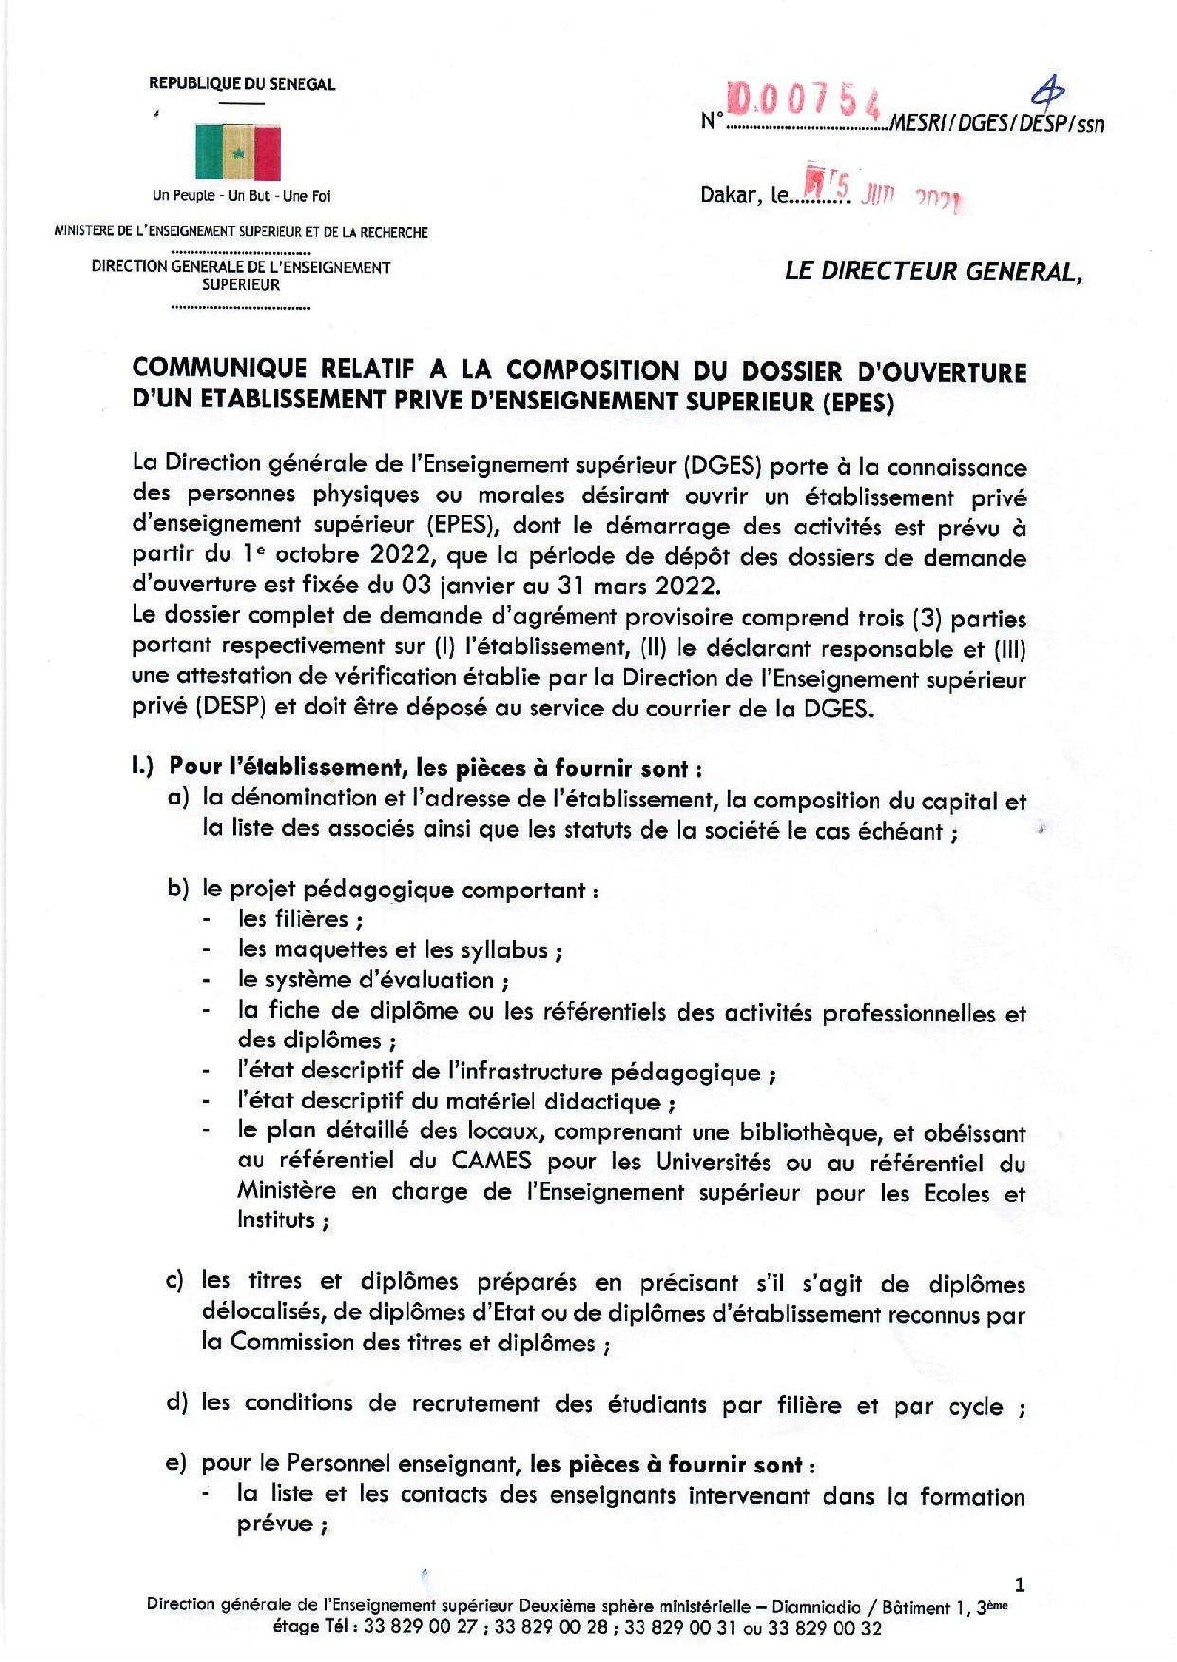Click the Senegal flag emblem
point(238,151)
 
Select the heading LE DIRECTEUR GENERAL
point(933,272)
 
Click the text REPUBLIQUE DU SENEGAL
point(242,84)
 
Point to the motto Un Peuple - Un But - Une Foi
point(241,196)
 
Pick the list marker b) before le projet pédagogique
point(178,890)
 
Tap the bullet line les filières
point(301,918)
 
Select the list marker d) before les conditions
point(178,1403)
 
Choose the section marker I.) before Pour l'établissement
point(148,767)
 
